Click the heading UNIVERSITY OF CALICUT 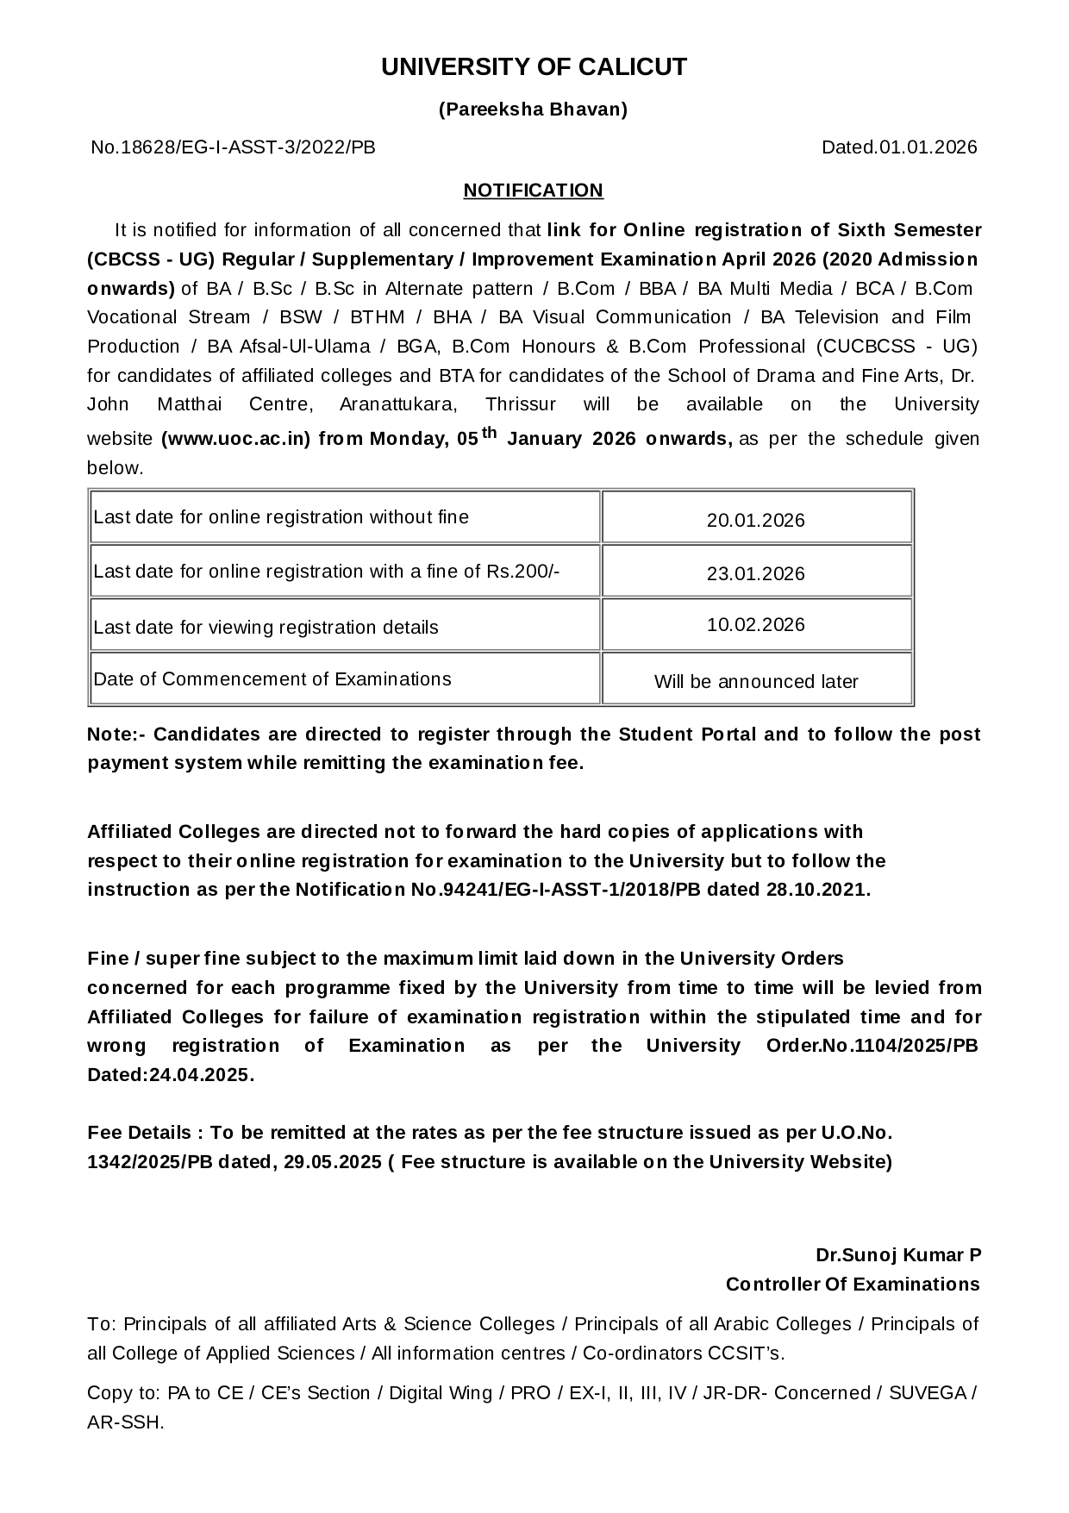[534, 67]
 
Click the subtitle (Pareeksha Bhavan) [534, 109]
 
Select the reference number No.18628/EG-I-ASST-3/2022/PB [233, 147]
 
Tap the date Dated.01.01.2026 [899, 147]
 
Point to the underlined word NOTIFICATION [533, 191]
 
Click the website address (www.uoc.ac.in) [235, 439]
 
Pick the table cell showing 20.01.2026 [756, 521]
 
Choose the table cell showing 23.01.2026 [756, 574]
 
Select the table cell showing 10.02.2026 [756, 625]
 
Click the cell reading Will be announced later [756, 682]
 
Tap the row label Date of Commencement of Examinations [272, 679]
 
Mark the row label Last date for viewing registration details [266, 628]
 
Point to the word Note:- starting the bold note [117, 735]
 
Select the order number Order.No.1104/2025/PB [872, 1046]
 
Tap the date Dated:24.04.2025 [171, 1075]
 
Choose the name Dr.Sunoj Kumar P [898, 1255]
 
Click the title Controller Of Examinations [853, 1285]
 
